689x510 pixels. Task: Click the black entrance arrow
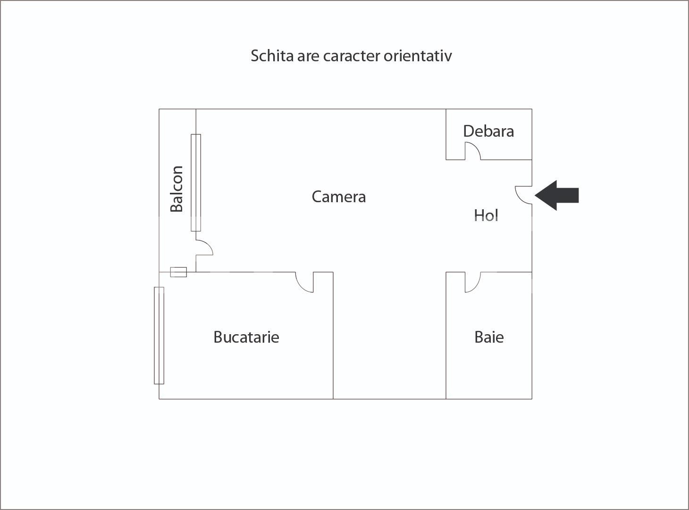click(557, 195)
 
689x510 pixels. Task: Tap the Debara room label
click(488, 131)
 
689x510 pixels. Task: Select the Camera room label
click(338, 197)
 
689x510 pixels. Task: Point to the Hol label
click(486, 215)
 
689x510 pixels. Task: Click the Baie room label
click(489, 337)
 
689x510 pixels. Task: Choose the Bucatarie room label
click(246, 337)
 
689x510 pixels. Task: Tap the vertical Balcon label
click(176, 189)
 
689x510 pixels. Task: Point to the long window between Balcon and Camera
click(196, 182)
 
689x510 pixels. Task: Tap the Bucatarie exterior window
click(159, 336)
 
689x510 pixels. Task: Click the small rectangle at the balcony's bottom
click(178, 272)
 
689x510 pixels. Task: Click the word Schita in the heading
click(272, 56)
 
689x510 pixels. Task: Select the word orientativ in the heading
click(418, 56)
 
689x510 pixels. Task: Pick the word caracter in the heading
click(352, 57)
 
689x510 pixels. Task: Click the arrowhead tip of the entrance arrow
click(535, 195)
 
